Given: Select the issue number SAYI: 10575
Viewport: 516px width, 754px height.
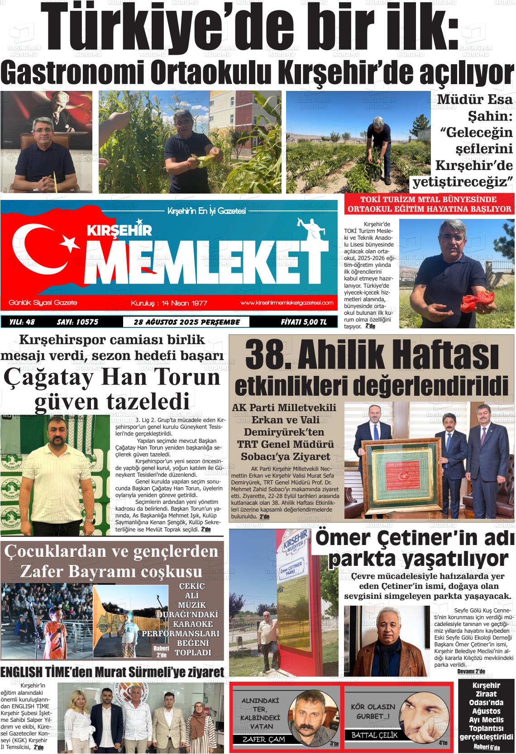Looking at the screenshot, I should (x=77, y=322).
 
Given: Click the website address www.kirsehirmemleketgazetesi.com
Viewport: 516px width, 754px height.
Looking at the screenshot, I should (x=287, y=303).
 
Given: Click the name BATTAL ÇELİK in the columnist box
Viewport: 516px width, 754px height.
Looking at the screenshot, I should (x=374, y=735).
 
